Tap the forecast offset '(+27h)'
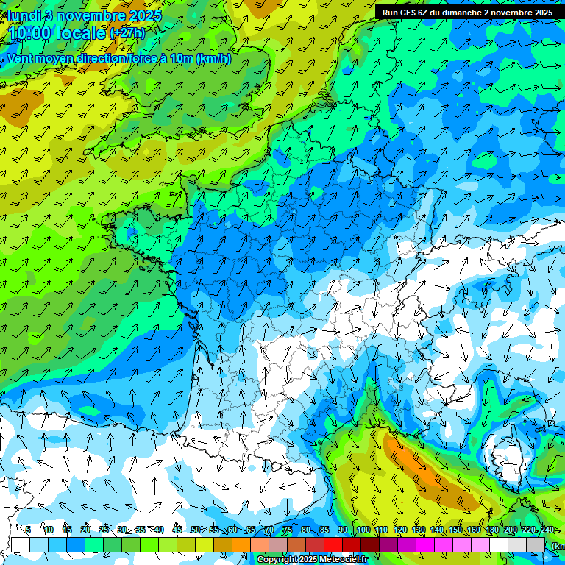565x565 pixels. tap(127, 33)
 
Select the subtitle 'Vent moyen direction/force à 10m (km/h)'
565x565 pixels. tap(119, 59)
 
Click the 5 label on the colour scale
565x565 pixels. tap(28, 530)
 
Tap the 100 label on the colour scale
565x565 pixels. tap(363, 530)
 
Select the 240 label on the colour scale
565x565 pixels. tap(547, 530)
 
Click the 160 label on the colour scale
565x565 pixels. tap(474, 530)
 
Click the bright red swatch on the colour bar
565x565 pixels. tap(334, 544)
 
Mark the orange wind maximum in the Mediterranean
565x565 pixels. tap(427, 471)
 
